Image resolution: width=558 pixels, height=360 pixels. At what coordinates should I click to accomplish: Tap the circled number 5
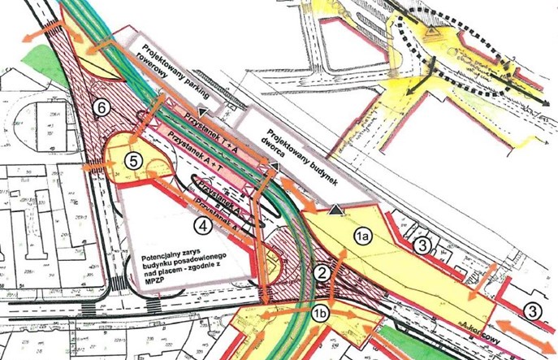[136, 160]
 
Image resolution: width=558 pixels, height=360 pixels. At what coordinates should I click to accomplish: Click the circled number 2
[322, 272]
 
